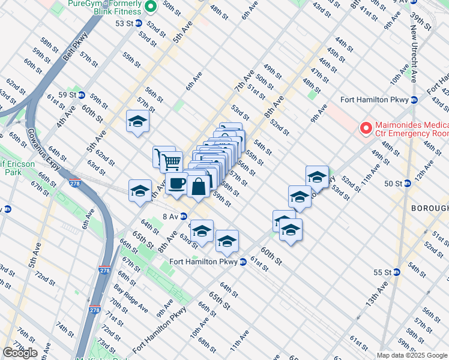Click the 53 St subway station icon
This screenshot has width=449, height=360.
139,23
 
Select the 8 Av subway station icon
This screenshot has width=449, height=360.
184,217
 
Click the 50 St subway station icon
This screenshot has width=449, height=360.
407,184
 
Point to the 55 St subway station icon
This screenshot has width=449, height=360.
396,272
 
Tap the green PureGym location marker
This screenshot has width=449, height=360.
151,7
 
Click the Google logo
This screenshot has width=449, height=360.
20,353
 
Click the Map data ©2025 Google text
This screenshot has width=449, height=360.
412,355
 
